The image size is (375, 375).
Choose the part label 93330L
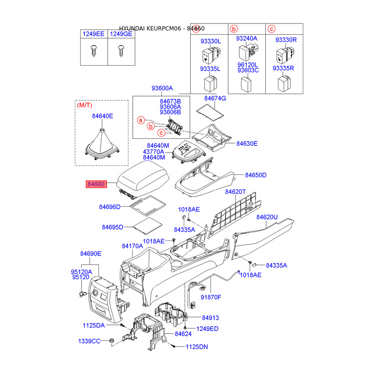(x=210, y=41)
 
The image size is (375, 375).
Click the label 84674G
(x=215, y=98)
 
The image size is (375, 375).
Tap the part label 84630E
(x=247, y=143)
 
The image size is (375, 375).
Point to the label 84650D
(x=256, y=175)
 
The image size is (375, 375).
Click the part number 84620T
(x=235, y=192)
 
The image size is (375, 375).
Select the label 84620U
(x=267, y=217)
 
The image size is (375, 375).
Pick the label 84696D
(x=110, y=207)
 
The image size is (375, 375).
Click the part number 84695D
(x=112, y=227)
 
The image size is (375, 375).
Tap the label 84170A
(x=132, y=246)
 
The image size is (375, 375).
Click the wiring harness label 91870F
(x=210, y=297)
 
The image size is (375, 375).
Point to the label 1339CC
(x=89, y=341)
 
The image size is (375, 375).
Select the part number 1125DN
(x=196, y=347)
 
